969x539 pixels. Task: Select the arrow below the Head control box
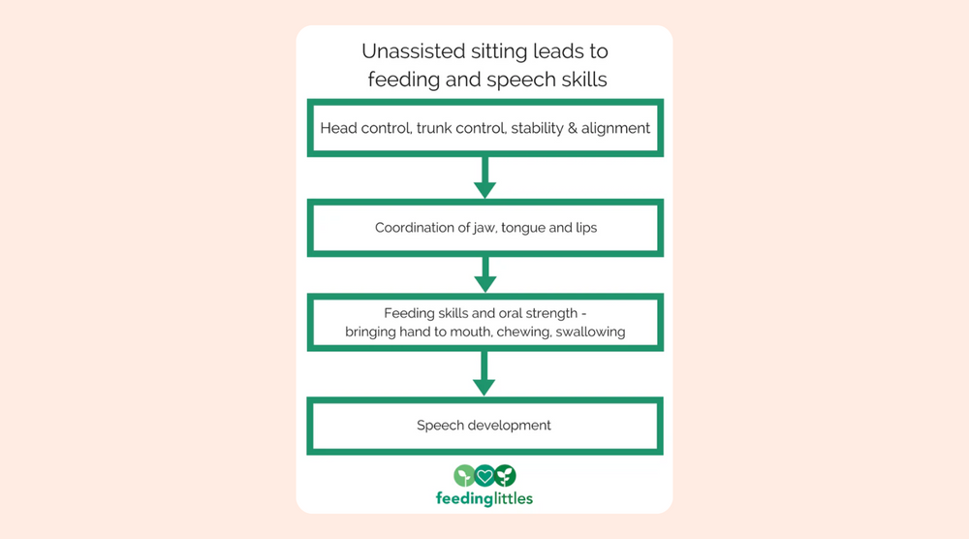(484, 176)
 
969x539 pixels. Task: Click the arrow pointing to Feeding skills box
(484, 274)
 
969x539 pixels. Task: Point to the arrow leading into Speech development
(484, 374)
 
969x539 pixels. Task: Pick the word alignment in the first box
(616, 128)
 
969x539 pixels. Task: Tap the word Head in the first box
(337, 128)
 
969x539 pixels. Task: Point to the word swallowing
(590, 333)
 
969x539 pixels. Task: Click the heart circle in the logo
(484, 476)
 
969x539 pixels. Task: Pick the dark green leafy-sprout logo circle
(505, 476)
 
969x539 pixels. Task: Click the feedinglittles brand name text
(484, 498)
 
